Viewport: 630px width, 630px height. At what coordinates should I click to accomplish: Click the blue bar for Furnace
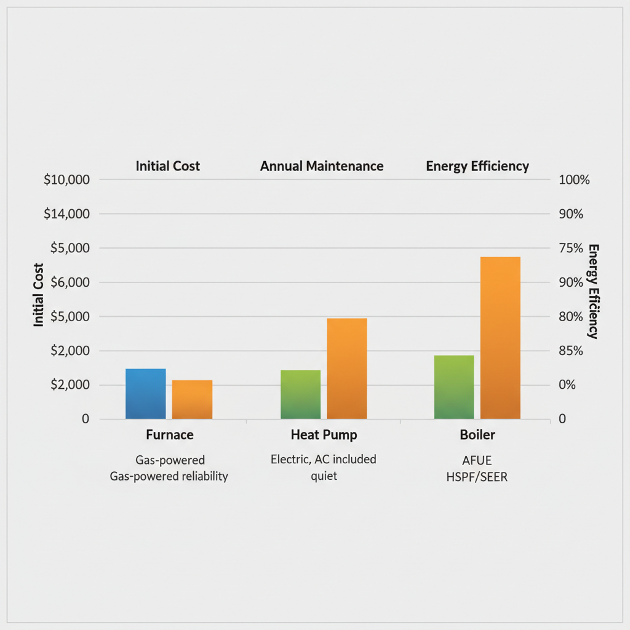(x=146, y=394)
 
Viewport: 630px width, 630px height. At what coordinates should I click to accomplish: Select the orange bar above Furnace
(x=192, y=399)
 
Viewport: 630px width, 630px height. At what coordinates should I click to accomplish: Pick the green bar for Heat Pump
(x=301, y=394)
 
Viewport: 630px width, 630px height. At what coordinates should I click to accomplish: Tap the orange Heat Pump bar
(x=347, y=369)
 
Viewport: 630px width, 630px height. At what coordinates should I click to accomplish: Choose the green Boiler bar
(x=454, y=387)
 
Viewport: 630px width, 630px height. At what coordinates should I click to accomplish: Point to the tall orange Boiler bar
(x=500, y=338)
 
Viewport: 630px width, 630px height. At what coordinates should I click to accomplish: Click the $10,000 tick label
(x=67, y=180)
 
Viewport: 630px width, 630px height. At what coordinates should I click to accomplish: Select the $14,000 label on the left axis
(x=67, y=214)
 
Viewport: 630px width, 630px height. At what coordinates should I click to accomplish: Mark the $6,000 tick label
(x=67, y=282)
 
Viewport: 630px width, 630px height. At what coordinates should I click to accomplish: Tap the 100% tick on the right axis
(x=574, y=180)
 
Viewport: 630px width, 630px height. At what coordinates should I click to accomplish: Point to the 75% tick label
(x=571, y=249)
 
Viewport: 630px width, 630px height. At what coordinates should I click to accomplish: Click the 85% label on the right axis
(x=571, y=351)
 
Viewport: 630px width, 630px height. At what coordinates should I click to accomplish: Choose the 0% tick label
(x=567, y=385)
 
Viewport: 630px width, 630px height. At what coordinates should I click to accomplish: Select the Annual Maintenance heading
(x=322, y=166)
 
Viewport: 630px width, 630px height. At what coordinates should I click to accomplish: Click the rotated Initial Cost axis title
(x=39, y=295)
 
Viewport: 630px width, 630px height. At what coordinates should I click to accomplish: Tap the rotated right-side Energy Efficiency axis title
(x=592, y=291)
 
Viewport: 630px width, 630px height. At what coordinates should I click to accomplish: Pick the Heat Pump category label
(x=324, y=435)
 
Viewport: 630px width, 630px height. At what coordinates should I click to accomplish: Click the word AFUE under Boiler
(x=477, y=461)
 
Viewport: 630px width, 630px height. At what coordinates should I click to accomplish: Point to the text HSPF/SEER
(x=477, y=477)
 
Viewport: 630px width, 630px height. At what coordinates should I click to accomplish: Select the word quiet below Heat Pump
(x=324, y=476)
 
